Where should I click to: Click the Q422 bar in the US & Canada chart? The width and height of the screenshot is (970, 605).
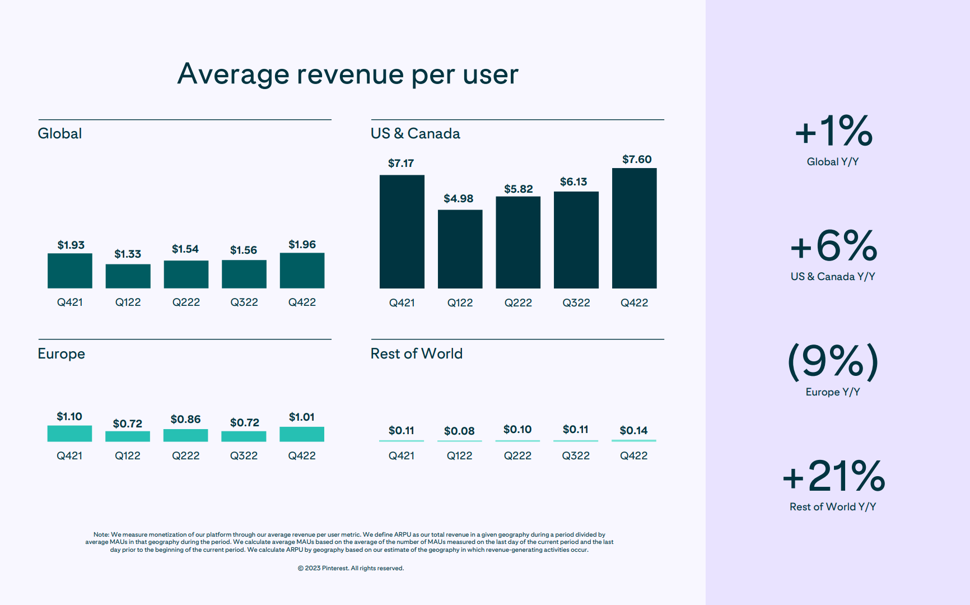pyautogui.click(x=634, y=228)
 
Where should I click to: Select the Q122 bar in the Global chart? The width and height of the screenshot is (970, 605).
pyautogui.click(x=128, y=276)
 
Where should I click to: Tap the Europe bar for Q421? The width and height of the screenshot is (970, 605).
pyautogui.click(x=69, y=433)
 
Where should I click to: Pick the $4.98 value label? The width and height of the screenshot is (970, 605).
pyautogui.click(x=458, y=198)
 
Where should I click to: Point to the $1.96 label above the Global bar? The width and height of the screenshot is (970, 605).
pyautogui.click(x=302, y=244)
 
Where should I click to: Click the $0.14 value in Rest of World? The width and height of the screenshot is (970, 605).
pyautogui.click(x=633, y=430)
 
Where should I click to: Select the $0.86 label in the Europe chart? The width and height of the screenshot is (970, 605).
pyautogui.click(x=185, y=419)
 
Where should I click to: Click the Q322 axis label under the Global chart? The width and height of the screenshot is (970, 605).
pyautogui.click(x=244, y=302)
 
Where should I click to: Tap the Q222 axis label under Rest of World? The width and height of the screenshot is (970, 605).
pyautogui.click(x=517, y=455)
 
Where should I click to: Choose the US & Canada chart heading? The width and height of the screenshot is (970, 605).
pyautogui.click(x=415, y=133)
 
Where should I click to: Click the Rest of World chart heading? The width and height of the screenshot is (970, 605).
pyautogui.click(x=416, y=353)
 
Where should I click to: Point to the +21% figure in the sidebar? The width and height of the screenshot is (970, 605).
pyautogui.click(x=833, y=476)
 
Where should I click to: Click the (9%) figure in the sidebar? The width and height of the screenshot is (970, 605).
pyautogui.click(x=833, y=361)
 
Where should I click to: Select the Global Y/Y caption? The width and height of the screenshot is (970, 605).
pyautogui.click(x=832, y=161)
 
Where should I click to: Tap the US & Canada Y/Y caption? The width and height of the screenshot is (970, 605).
pyautogui.click(x=832, y=276)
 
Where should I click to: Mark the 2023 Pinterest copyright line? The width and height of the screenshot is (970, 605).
pyautogui.click(x=351, y=568)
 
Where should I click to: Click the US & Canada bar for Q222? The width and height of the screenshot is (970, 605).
pyautogui.click(x=518, y=242)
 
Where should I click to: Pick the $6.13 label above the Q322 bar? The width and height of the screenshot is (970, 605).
pyautogui.click(x=573, y=182)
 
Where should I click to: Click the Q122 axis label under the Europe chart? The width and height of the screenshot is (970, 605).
pyautogui.click(x=128, y=455)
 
